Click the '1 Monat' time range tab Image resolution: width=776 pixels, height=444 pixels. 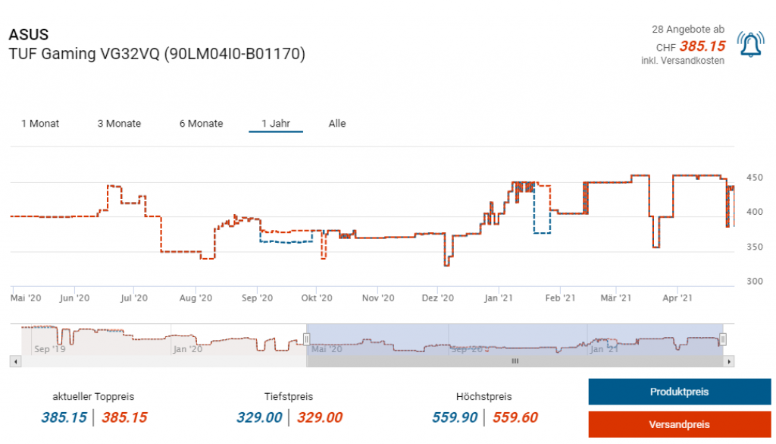pyautogui.click(x=40, y=124)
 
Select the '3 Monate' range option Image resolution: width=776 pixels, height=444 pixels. pyautogui.click(x=119, y=124)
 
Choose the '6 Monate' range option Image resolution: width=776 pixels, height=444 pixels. pyautogui.click(x=201, y=124)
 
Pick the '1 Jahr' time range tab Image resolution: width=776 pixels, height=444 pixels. pyautogui.click(x=276, y=124)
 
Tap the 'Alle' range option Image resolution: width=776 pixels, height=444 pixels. pyautogui.click(x=337, y=124)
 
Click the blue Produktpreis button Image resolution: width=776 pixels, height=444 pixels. pyautogui.click(x=679, y=392)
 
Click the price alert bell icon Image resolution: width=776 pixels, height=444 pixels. pyautogui.click(x=751, y=46)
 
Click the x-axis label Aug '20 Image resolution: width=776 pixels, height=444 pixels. pyautogui.click(x=195, y=298)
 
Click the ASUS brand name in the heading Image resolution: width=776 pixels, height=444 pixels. pyautogui.click(x=28, y=35)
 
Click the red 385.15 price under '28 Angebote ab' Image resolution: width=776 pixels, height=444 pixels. pyautogui.click(x=702, y=46)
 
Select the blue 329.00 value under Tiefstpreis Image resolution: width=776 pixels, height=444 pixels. pyautogui.click(x=259, y=417)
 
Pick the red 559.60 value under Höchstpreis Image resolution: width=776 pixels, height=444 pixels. pyautogui.click(x=515, y=417)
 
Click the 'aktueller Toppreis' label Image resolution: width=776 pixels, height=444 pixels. pyautogui.click(x=93, y=397)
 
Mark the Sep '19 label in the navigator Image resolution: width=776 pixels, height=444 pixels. pyautogui.click(x=49, y=349)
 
